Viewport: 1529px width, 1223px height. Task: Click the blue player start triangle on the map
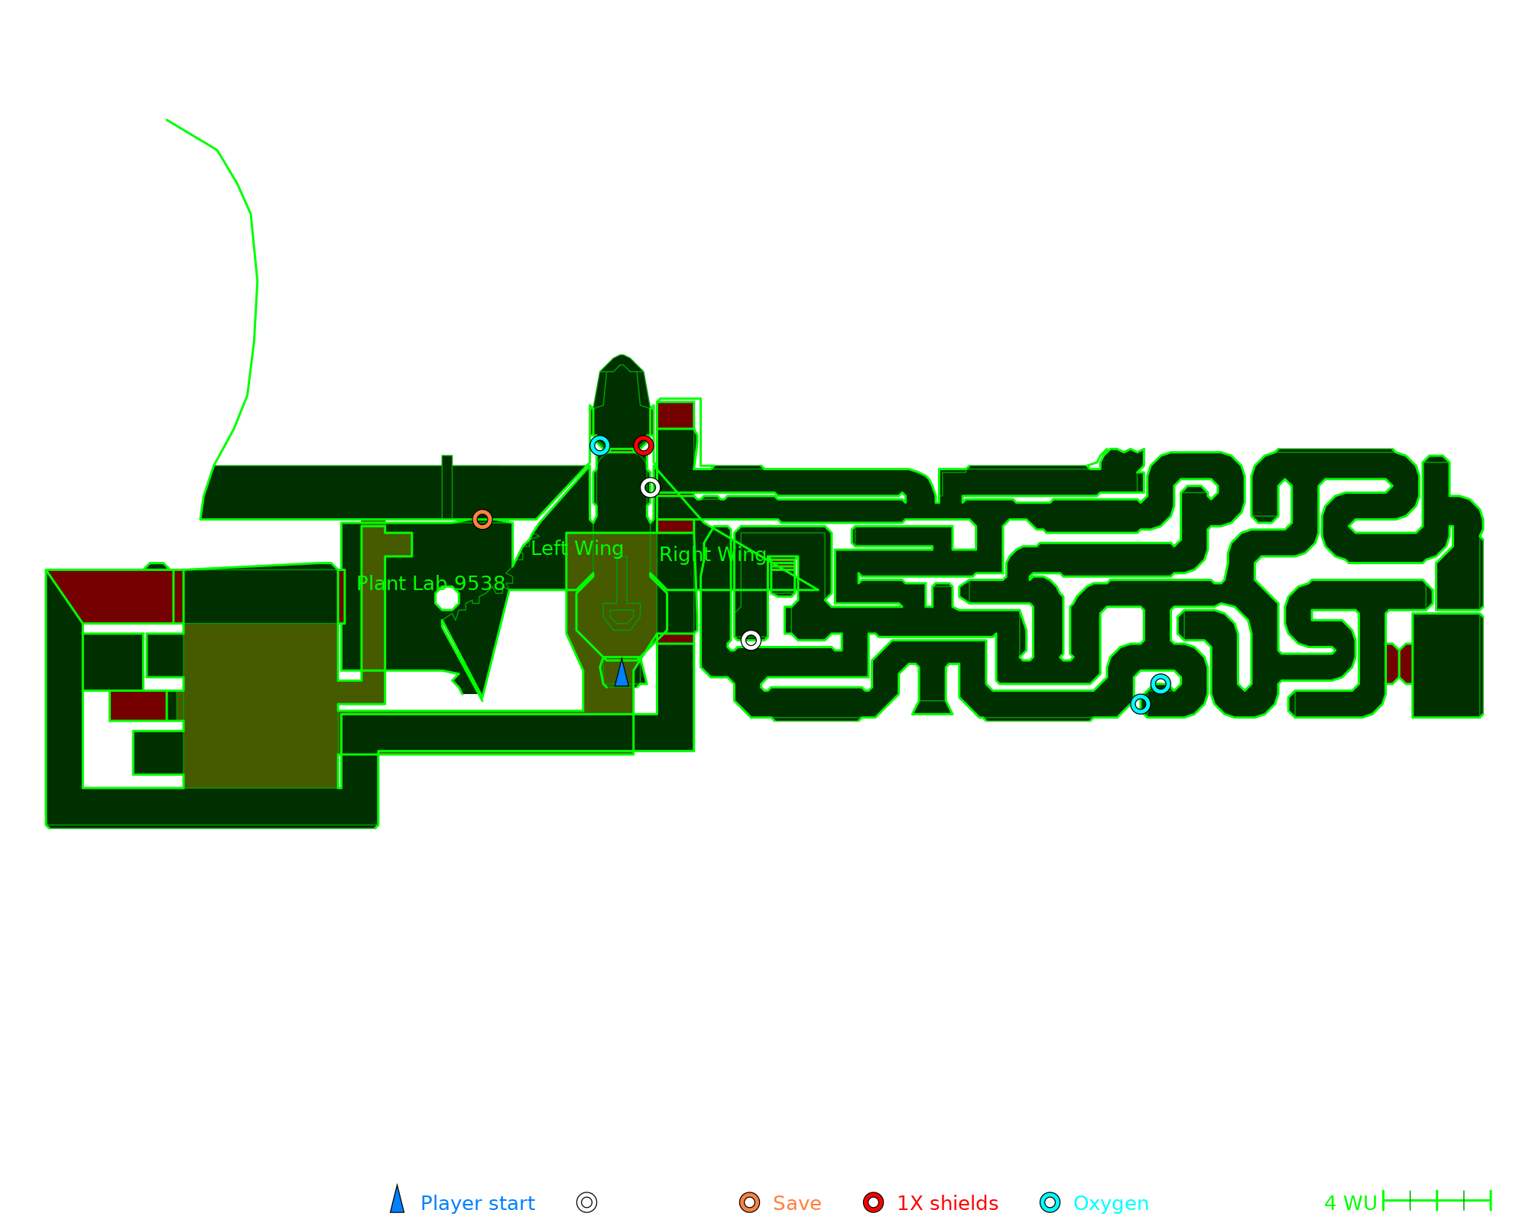click(622, 673)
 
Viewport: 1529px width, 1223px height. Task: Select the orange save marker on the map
click(482, 520)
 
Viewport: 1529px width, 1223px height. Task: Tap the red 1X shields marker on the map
click(644, 446)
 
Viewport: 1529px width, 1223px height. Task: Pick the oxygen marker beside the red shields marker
click(600, 446)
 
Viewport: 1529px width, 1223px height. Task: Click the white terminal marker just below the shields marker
click(650, 488)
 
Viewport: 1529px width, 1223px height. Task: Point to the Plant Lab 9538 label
click(430, 583)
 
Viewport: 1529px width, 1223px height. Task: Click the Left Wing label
click(577, 548)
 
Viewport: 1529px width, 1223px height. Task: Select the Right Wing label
click(713, 554)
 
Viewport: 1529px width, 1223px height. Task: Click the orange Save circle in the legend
click(749, 1202)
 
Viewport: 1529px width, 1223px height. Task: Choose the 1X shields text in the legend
click(947, 1203)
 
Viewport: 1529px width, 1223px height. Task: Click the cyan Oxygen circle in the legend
click(1050, 1202)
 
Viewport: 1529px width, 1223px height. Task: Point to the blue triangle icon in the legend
click(397, 1201)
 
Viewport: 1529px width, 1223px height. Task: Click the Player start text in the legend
click(477, 1203)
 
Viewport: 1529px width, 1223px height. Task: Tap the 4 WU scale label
click(1350, 1203)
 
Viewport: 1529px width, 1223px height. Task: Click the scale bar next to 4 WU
click(1436, 1201)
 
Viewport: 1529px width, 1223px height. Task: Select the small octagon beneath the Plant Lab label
click(447, 598)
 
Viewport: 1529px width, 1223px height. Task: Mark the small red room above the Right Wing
click(676, 415)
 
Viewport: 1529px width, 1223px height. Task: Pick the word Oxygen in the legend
click(1111, 1203)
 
